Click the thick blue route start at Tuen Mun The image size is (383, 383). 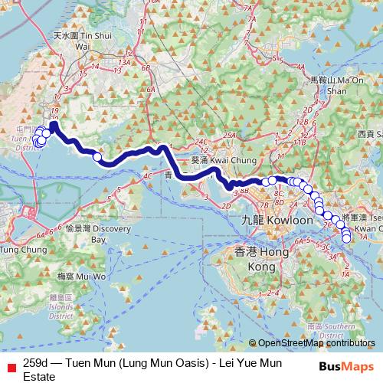click(x=54, y=123)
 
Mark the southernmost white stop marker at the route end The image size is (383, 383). click(x=345, y=239)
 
